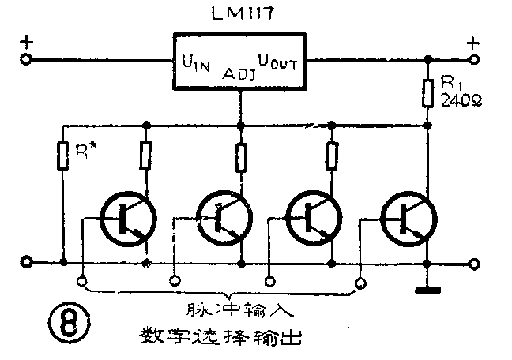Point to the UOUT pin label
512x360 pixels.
277,61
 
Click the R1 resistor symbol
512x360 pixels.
428,92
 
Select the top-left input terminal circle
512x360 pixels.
26,59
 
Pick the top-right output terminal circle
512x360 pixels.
474,59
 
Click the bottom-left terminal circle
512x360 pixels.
26,262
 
